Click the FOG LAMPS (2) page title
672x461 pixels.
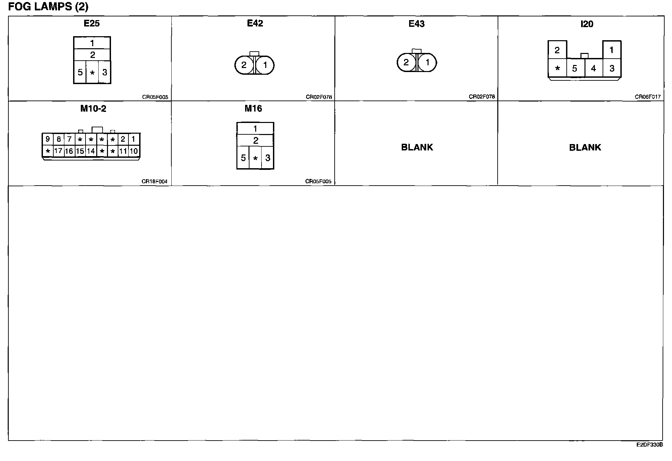point(48,7)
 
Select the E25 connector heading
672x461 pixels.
point(92,23)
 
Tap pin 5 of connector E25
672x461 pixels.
point(80,72)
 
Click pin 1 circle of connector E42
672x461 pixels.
point(265,65)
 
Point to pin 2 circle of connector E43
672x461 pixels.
point(406,62)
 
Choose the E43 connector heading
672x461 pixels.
point(416,24)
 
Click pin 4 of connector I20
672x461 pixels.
point(594,68)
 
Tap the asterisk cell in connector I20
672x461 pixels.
point(557,68)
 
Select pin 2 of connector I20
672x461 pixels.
point(557,50)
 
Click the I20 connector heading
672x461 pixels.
point(587,24)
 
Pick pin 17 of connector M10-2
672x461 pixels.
point(58,151)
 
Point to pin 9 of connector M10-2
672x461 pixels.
point(48,139)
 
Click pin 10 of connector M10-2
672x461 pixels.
point(134,151)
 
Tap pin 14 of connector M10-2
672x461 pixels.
point(91,151)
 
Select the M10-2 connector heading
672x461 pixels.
point(93,109)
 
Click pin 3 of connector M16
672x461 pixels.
point(268,158)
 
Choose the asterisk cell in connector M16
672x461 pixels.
point(255,158)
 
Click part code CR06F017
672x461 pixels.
point(648,97)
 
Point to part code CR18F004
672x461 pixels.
point(154,182)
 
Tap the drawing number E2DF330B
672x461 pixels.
point(650,445)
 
